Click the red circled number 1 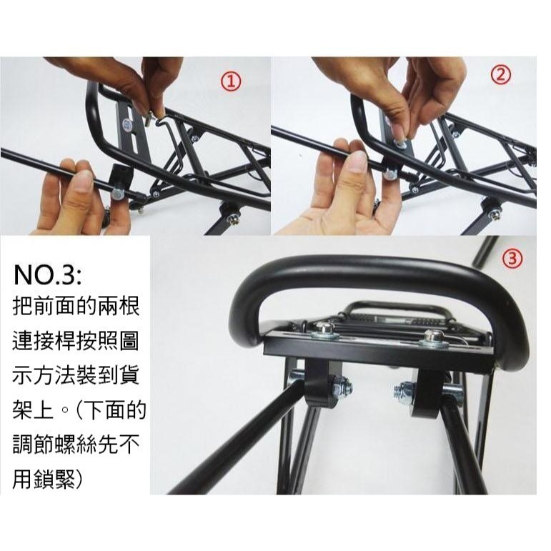(232, 82)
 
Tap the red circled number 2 (501, 74)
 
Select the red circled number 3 (512, 258)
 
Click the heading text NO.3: (48, 275)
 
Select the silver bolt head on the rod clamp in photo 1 (116, 193)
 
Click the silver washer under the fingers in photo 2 (399, 143)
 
